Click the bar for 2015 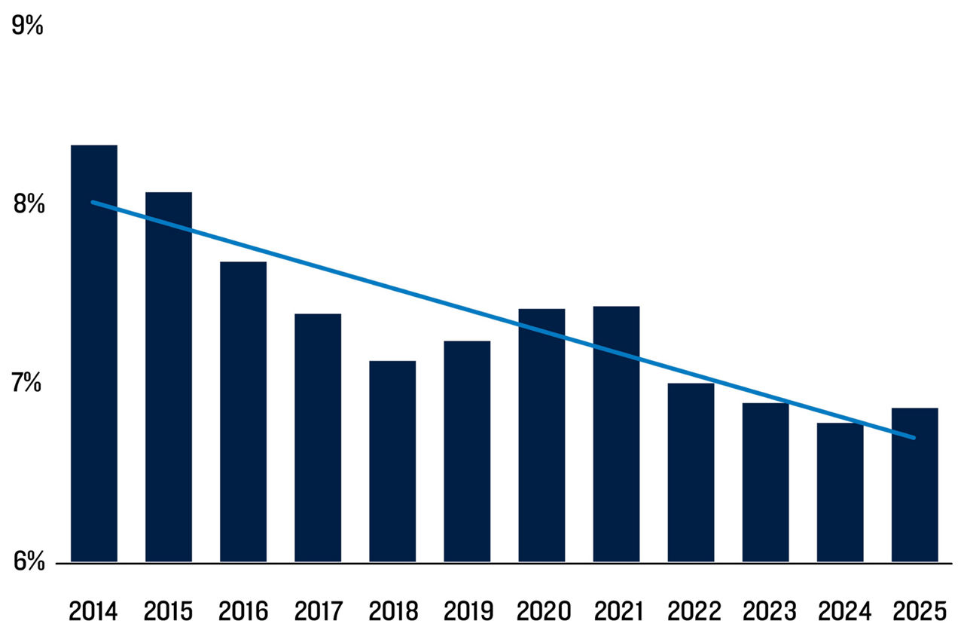tap(169, 377)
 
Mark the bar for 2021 tap(616, 433)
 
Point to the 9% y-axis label tap(28, 26)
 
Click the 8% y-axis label tap(28, 204)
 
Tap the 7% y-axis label tap(28, 383)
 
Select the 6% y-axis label tap(28, 561)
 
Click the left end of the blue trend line tap(93, 202)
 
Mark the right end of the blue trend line tap(914, 437)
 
